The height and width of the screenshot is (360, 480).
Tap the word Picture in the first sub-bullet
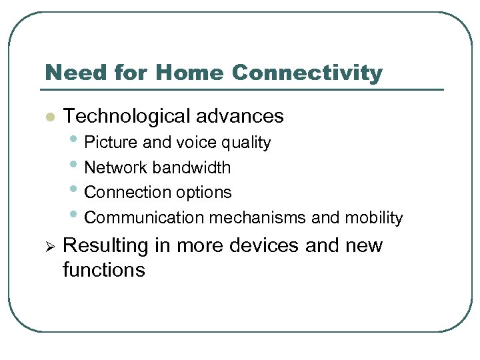[109, 143]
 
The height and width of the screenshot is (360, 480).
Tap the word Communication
[145, 218]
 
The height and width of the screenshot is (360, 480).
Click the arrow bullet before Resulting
[48, 246]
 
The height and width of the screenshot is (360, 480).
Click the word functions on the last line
[103, 270]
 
